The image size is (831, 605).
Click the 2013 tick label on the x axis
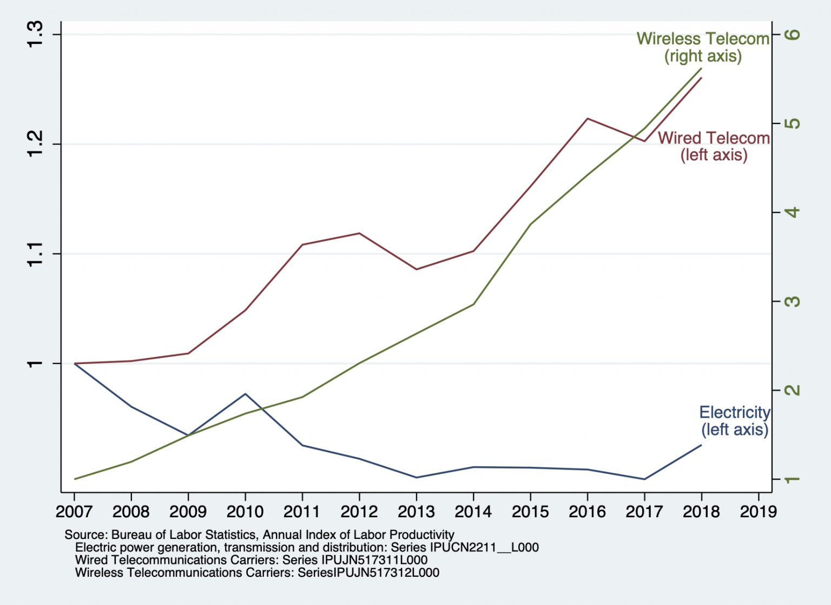(x=416, y=511)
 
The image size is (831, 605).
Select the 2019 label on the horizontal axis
(x=758, y=511)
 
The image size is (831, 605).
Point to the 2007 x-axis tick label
(x=74, y=511)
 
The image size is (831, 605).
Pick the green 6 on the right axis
(x=793, y=34)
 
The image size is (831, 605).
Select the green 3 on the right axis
(x=793, y=301)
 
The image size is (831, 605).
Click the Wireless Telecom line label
(x=703, y=47)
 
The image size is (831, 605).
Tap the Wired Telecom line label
(x=714, y=146)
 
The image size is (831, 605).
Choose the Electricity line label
(x=734, y=421)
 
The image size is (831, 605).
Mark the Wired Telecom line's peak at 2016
(x=588, y=118)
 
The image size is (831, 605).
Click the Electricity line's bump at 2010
(x=246, y=394)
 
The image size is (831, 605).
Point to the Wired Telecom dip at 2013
(x=416, y=269)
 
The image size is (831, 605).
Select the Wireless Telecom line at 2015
(x=530, y=224)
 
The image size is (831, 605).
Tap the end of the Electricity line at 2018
(x=701, y=445)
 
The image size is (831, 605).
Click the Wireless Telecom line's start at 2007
(x=75, y=479)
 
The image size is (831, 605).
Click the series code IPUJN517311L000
(x=374, y=560)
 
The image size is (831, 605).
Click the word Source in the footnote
(x=84, y=535)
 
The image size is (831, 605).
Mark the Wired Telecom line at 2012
(x=359, y=233)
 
